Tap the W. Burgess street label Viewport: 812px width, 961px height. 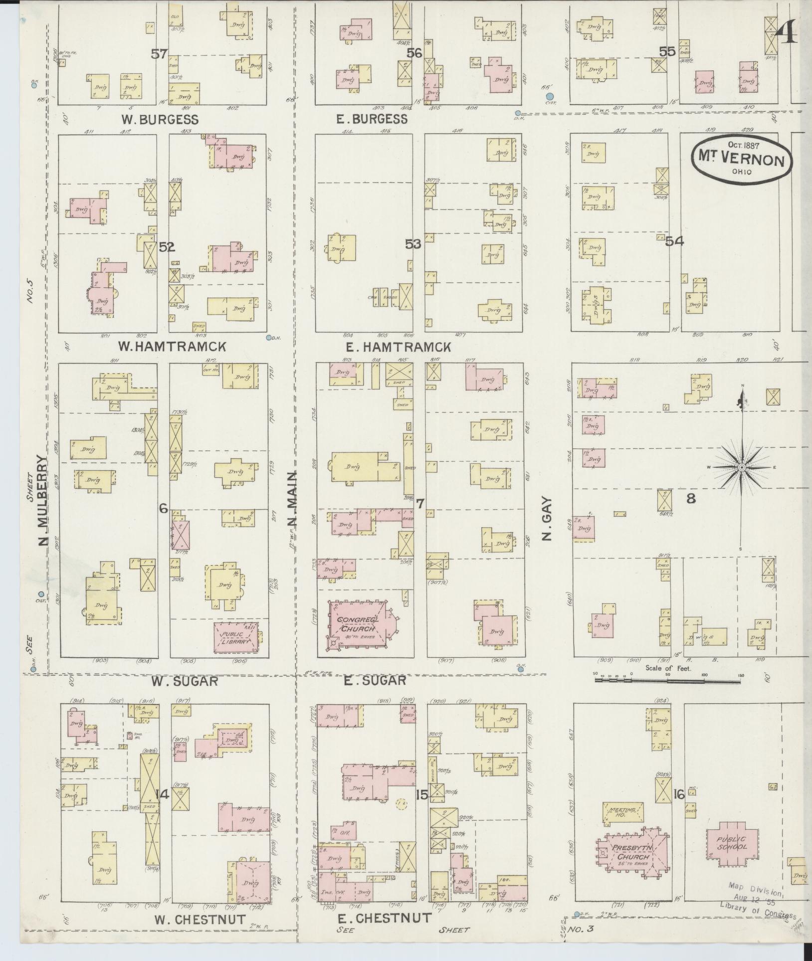click(x=160, y=120)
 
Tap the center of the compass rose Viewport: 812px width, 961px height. click(x=742, y=467)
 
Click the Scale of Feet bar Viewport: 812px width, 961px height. click(x=668, y=679)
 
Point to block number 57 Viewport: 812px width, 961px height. click(x=160, y=53)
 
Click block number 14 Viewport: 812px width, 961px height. click(x=163, y=795)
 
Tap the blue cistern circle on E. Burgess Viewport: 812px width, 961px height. click(x=549, y=96)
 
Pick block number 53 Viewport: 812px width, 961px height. click(x=413, y=244)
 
